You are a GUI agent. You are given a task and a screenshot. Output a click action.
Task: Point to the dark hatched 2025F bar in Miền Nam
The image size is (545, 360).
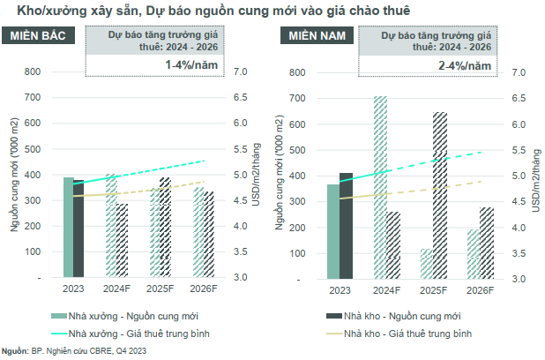click(x=439, y=195)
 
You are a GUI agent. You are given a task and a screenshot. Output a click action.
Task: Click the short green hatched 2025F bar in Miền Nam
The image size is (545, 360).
click(x=427, y=263)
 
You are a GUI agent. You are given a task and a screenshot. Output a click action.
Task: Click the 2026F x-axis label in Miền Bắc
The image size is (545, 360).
click(x=203, y=289)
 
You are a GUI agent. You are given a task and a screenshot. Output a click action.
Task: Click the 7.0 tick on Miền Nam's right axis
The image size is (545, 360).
click(x=519, y=72)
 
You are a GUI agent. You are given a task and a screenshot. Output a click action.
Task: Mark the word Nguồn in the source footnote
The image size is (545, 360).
click(x=14, y=350)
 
